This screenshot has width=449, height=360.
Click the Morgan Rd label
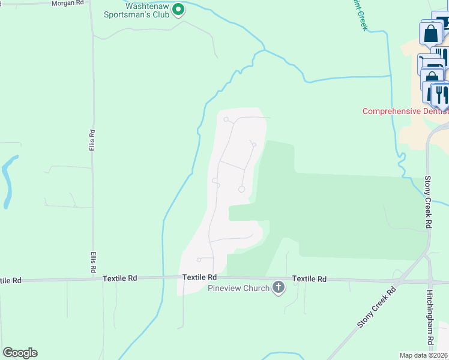(x=68, y=3)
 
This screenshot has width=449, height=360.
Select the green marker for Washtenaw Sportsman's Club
(x=178, y=10)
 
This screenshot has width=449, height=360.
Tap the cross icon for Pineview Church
(x=278, y=288)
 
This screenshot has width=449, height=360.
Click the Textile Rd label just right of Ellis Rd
(x=120, y=278)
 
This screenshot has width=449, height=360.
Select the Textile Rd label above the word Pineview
(x=200, y=278)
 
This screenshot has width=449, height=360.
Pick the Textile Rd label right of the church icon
(x=309, y=279)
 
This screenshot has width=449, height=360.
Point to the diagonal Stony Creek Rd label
(x=377, y=308)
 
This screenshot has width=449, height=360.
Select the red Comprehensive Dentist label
(x=405, y=112)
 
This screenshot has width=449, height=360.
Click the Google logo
(x=20, y=353)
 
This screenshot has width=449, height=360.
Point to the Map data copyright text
(x=423, y=355)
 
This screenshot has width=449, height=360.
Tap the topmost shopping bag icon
(x=431, y=34)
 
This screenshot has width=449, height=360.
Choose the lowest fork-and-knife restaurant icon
(x=440, y=94)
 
